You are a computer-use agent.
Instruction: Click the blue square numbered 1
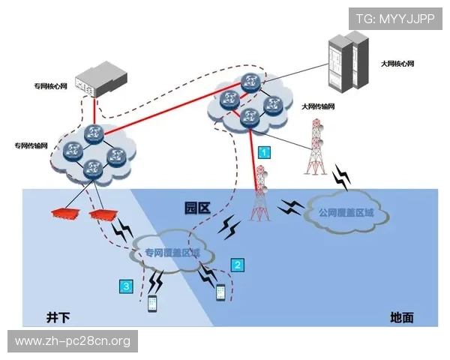[x=263, y=151]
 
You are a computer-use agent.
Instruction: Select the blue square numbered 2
[x=238, y=264]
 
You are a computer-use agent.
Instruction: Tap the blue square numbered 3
[x=127, y=286]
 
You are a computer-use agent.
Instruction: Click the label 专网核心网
[x=49, y=86]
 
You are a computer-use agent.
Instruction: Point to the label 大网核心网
[x=397, y=64]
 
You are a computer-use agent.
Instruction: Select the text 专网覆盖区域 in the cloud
[x=172, y=252]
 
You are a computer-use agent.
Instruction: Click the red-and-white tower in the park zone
[x=260, y=196]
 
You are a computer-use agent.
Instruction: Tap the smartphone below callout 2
[x=220, y=291]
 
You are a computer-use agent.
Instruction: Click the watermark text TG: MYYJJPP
[x=394, y=18]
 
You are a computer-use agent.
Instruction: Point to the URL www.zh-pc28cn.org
[x=72, y=341]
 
